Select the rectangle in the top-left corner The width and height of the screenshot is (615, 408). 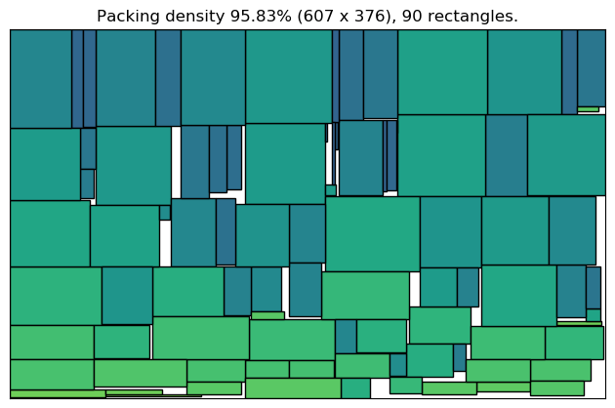click(41, 78)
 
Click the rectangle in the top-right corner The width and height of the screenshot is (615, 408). click(591, 67)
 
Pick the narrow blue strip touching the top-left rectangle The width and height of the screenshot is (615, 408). click(77, 78)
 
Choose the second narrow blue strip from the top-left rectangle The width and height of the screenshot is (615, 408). click(89, 78)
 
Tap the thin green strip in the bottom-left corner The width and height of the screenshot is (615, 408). click(58, 393)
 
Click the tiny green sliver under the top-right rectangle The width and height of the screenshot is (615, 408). click(588, 108)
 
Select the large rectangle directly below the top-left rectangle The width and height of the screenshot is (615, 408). click(45, 164)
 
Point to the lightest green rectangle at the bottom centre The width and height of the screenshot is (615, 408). click(293, 388)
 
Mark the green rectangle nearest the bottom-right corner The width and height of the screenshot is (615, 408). click(556, 388)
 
